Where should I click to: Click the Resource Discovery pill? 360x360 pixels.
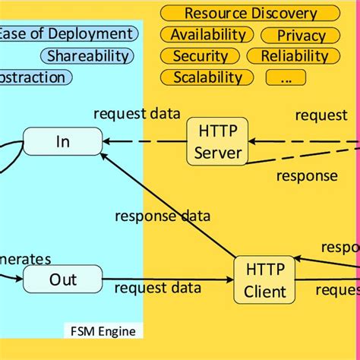click(251, 14)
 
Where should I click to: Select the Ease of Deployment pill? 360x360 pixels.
click(67, 34)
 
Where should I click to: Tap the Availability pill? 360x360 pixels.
click(207, 35)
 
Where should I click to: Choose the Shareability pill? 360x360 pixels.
click(88, 55)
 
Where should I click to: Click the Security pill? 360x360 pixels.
click(201, 56)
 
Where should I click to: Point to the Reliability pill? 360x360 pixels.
click(294, 56)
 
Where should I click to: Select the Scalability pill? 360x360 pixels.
click(207, 77)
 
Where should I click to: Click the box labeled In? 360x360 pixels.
click(63, 141)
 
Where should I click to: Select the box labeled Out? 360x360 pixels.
click(63, 279)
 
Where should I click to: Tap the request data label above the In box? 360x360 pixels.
click(137, 114)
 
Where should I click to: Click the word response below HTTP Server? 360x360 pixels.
click(306, 176)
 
